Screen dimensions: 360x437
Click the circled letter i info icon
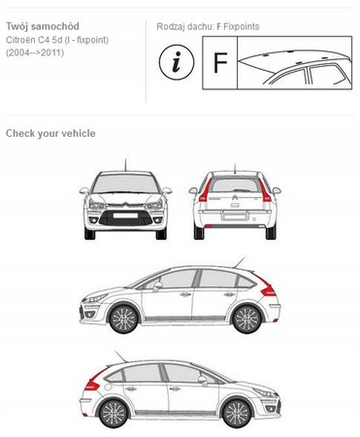177,62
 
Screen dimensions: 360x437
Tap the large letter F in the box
220,62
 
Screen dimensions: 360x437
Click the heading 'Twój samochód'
43,26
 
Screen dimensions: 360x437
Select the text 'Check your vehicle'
50,133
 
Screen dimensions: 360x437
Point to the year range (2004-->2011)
35,52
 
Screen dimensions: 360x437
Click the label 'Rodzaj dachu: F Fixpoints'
208,26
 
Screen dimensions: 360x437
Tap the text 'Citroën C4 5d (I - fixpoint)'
57,40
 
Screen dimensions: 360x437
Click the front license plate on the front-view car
125,216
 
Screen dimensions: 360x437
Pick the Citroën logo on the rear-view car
235,198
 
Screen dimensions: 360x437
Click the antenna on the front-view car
125,164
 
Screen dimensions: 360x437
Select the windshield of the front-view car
125,184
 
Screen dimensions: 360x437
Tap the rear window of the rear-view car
235,185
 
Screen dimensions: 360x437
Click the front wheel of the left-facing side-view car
123,319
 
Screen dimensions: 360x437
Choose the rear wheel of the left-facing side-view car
246,319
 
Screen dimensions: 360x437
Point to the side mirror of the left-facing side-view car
158,286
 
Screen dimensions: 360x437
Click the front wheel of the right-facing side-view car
237,413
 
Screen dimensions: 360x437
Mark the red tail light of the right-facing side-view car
95,380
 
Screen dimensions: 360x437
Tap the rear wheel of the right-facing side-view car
114,414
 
